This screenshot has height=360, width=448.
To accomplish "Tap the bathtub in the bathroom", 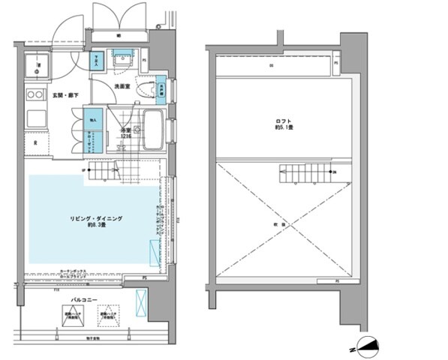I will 154,129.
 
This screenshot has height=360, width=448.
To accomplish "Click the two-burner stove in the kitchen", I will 34,94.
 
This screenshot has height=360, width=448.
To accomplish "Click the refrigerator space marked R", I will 36,142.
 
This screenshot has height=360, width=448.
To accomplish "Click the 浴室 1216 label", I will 125,133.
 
